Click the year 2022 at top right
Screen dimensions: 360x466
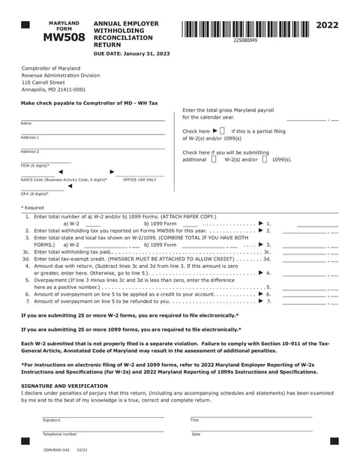327,26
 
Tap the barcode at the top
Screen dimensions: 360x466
244,29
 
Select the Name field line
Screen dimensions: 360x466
92,119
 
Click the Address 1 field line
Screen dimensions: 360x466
92,134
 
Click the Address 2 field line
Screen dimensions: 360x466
92,148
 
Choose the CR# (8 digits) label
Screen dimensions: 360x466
34,194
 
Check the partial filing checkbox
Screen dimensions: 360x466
222,131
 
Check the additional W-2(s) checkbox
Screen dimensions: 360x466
214,159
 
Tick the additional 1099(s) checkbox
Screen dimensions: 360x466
265,159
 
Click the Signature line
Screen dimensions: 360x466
103,416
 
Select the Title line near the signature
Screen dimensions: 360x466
250,416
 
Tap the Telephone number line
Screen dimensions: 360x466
103,430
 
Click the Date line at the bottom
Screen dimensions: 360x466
250,430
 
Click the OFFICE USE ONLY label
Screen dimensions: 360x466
140,180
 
